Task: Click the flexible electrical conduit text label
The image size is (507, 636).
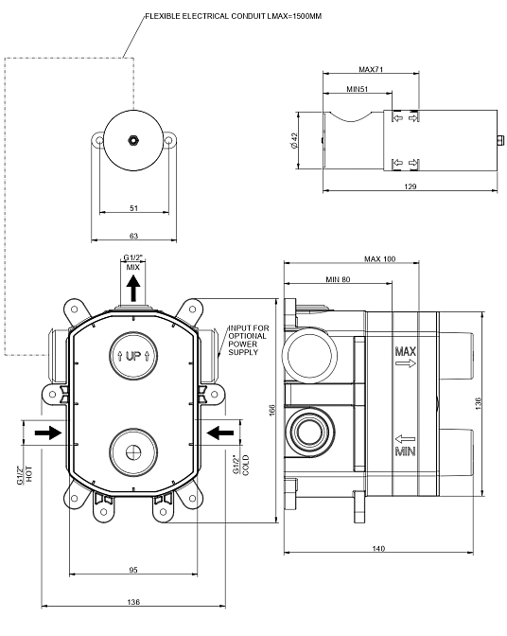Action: tap(234, 17)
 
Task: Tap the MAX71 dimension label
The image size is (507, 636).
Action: tap(371, 69)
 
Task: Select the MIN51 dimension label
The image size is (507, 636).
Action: tap(358, 89)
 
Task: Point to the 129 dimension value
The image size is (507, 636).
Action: tap(411, 186)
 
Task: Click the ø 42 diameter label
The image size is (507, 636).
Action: tap(294, 140)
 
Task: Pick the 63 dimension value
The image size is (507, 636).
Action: tap(133, 236)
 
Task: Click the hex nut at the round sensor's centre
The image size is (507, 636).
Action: tap(133, 140)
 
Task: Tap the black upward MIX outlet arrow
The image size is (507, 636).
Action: tap(133, 288)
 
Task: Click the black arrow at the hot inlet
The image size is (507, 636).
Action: tap(48, 433)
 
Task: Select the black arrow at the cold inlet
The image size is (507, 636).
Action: tap(220, 433)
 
